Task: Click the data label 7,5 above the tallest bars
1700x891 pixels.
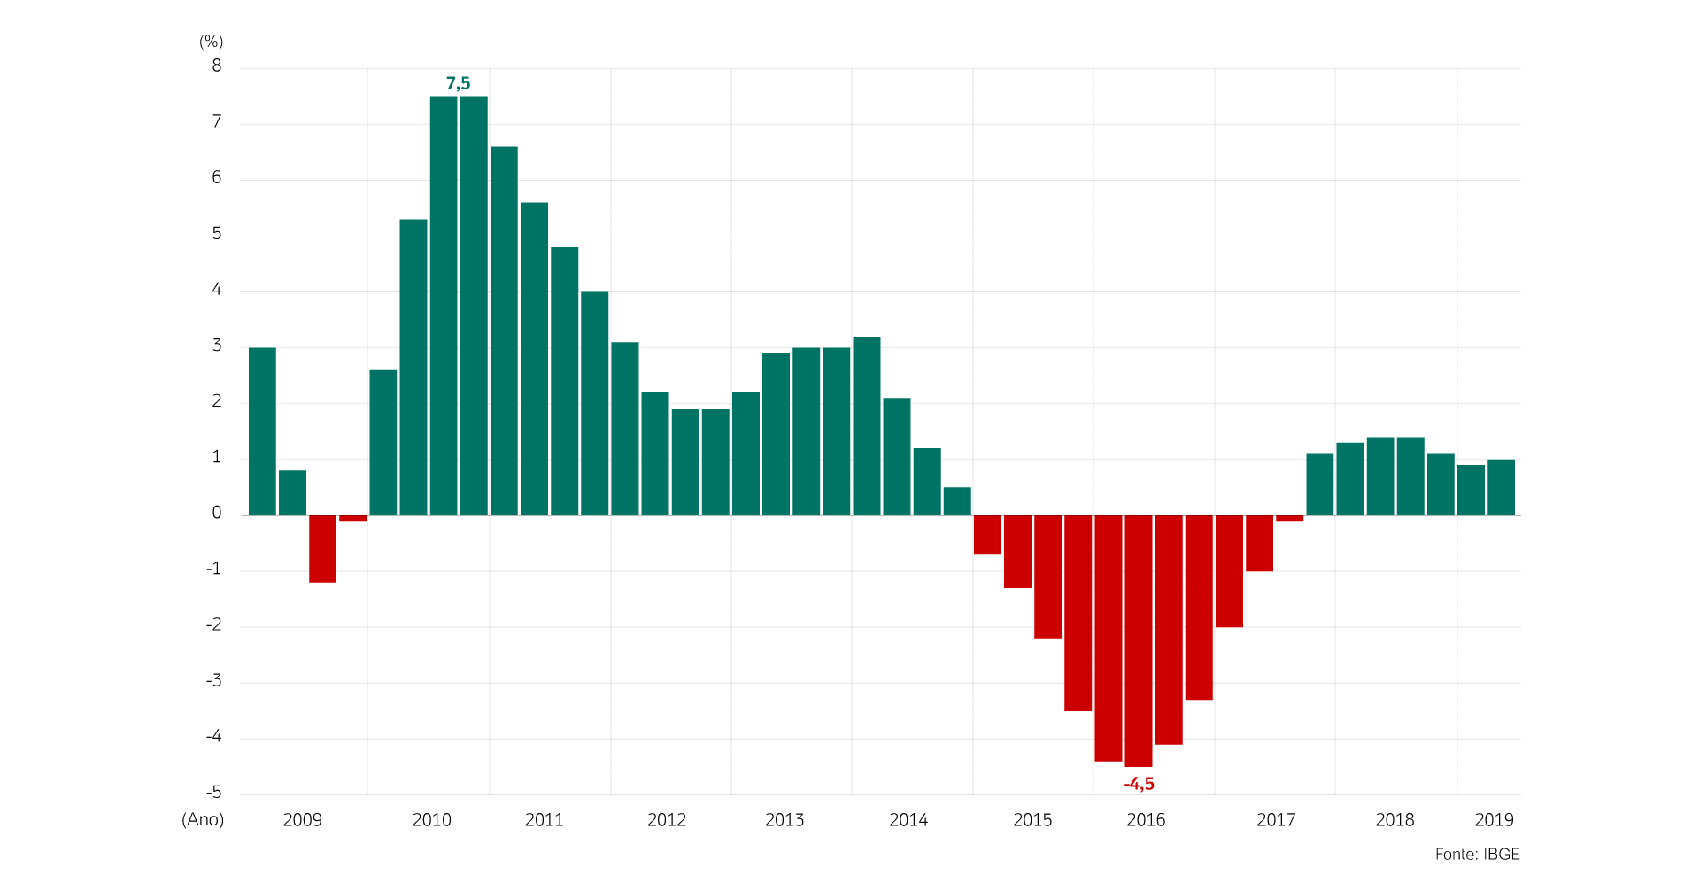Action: [458, 83]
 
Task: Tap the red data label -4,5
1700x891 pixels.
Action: [1139, 784]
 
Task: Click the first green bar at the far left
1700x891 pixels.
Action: [262, 431]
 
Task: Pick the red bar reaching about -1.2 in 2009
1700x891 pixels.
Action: [322, 548]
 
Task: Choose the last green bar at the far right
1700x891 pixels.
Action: [1501, 487]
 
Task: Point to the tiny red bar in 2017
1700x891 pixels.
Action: [1290, 518]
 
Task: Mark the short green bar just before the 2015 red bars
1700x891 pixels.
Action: [957, 501]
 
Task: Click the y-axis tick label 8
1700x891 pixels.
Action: [217, 66]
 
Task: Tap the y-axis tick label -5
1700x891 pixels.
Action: [213, 793]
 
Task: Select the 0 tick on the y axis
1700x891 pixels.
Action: [217, 513]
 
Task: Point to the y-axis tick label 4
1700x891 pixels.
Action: [217, 290]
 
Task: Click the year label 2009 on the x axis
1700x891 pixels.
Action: [302, 820]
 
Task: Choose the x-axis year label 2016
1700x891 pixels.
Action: [1146, 820]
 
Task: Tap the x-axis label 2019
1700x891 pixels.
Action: [1494, 820]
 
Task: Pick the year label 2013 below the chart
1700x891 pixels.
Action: [784, 820]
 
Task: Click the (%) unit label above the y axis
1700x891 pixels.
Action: [211, 42]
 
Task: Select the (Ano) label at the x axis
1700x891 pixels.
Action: [203, 819]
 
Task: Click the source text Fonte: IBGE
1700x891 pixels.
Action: [1477, 854]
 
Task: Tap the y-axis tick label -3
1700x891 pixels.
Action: [213, 681]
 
